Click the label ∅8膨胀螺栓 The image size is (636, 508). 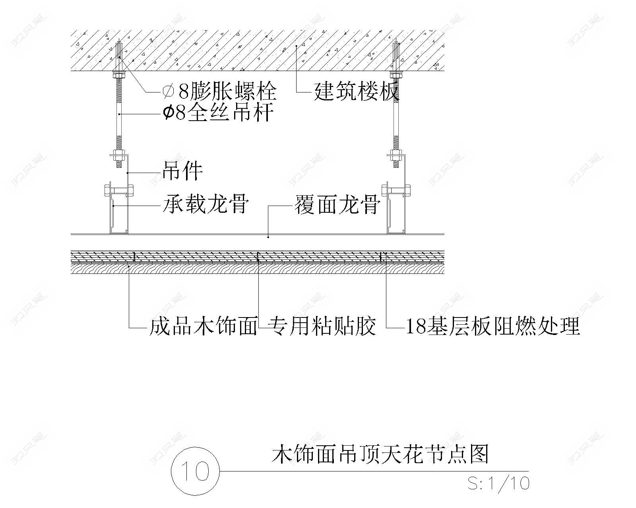pos(219,92)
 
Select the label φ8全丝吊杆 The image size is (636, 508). pos(218,113)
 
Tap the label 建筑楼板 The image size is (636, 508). pos(356,92)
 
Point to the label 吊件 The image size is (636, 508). pos(182,171)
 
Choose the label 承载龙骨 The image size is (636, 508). pos(206,205)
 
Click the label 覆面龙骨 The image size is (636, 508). pos(337,205)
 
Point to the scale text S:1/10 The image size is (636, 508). pos(498,483)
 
